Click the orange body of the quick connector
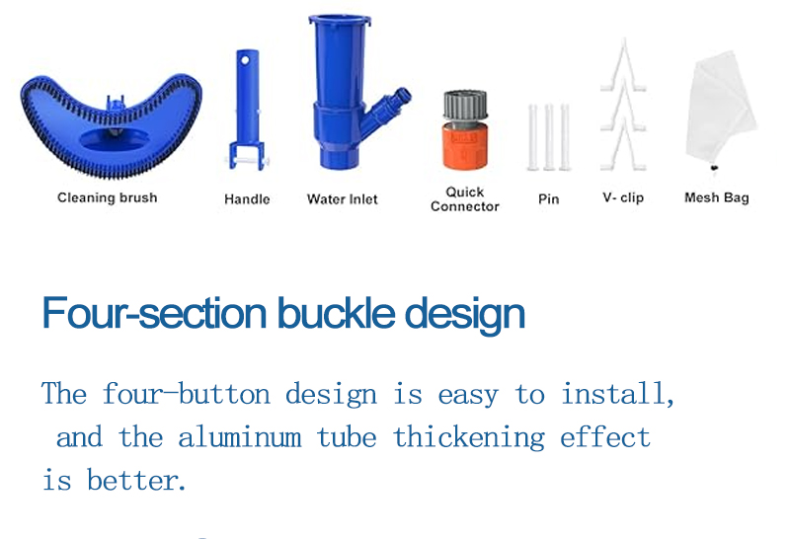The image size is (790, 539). (465, 147)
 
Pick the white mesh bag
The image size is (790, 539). (721, 109)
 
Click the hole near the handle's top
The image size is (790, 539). (245, 60)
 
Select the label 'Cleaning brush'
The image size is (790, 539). (108, 197)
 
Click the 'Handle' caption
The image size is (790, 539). (247, 199)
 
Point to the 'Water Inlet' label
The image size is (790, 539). (343, 199)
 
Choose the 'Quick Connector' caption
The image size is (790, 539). (465, 199)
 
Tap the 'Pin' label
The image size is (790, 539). (549, 199)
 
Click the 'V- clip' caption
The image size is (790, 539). (623, 197)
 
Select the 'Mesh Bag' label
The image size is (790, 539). (717, 197)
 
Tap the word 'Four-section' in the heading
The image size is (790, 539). (154, 312)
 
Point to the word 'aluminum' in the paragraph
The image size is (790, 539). (240, 436)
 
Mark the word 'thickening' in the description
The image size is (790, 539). (469, 436)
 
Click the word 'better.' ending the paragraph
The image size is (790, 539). (136, 480)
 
